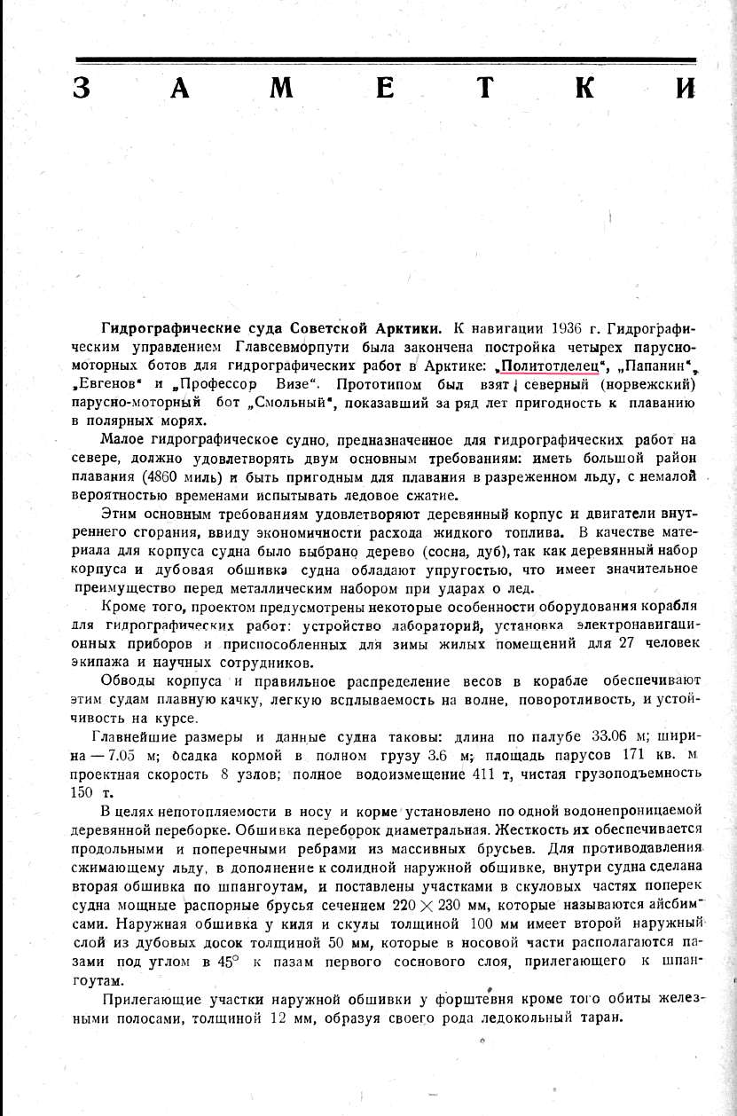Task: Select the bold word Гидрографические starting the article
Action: [157, 327]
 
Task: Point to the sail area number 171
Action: [628, 755]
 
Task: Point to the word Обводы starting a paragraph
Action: [129, 680]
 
